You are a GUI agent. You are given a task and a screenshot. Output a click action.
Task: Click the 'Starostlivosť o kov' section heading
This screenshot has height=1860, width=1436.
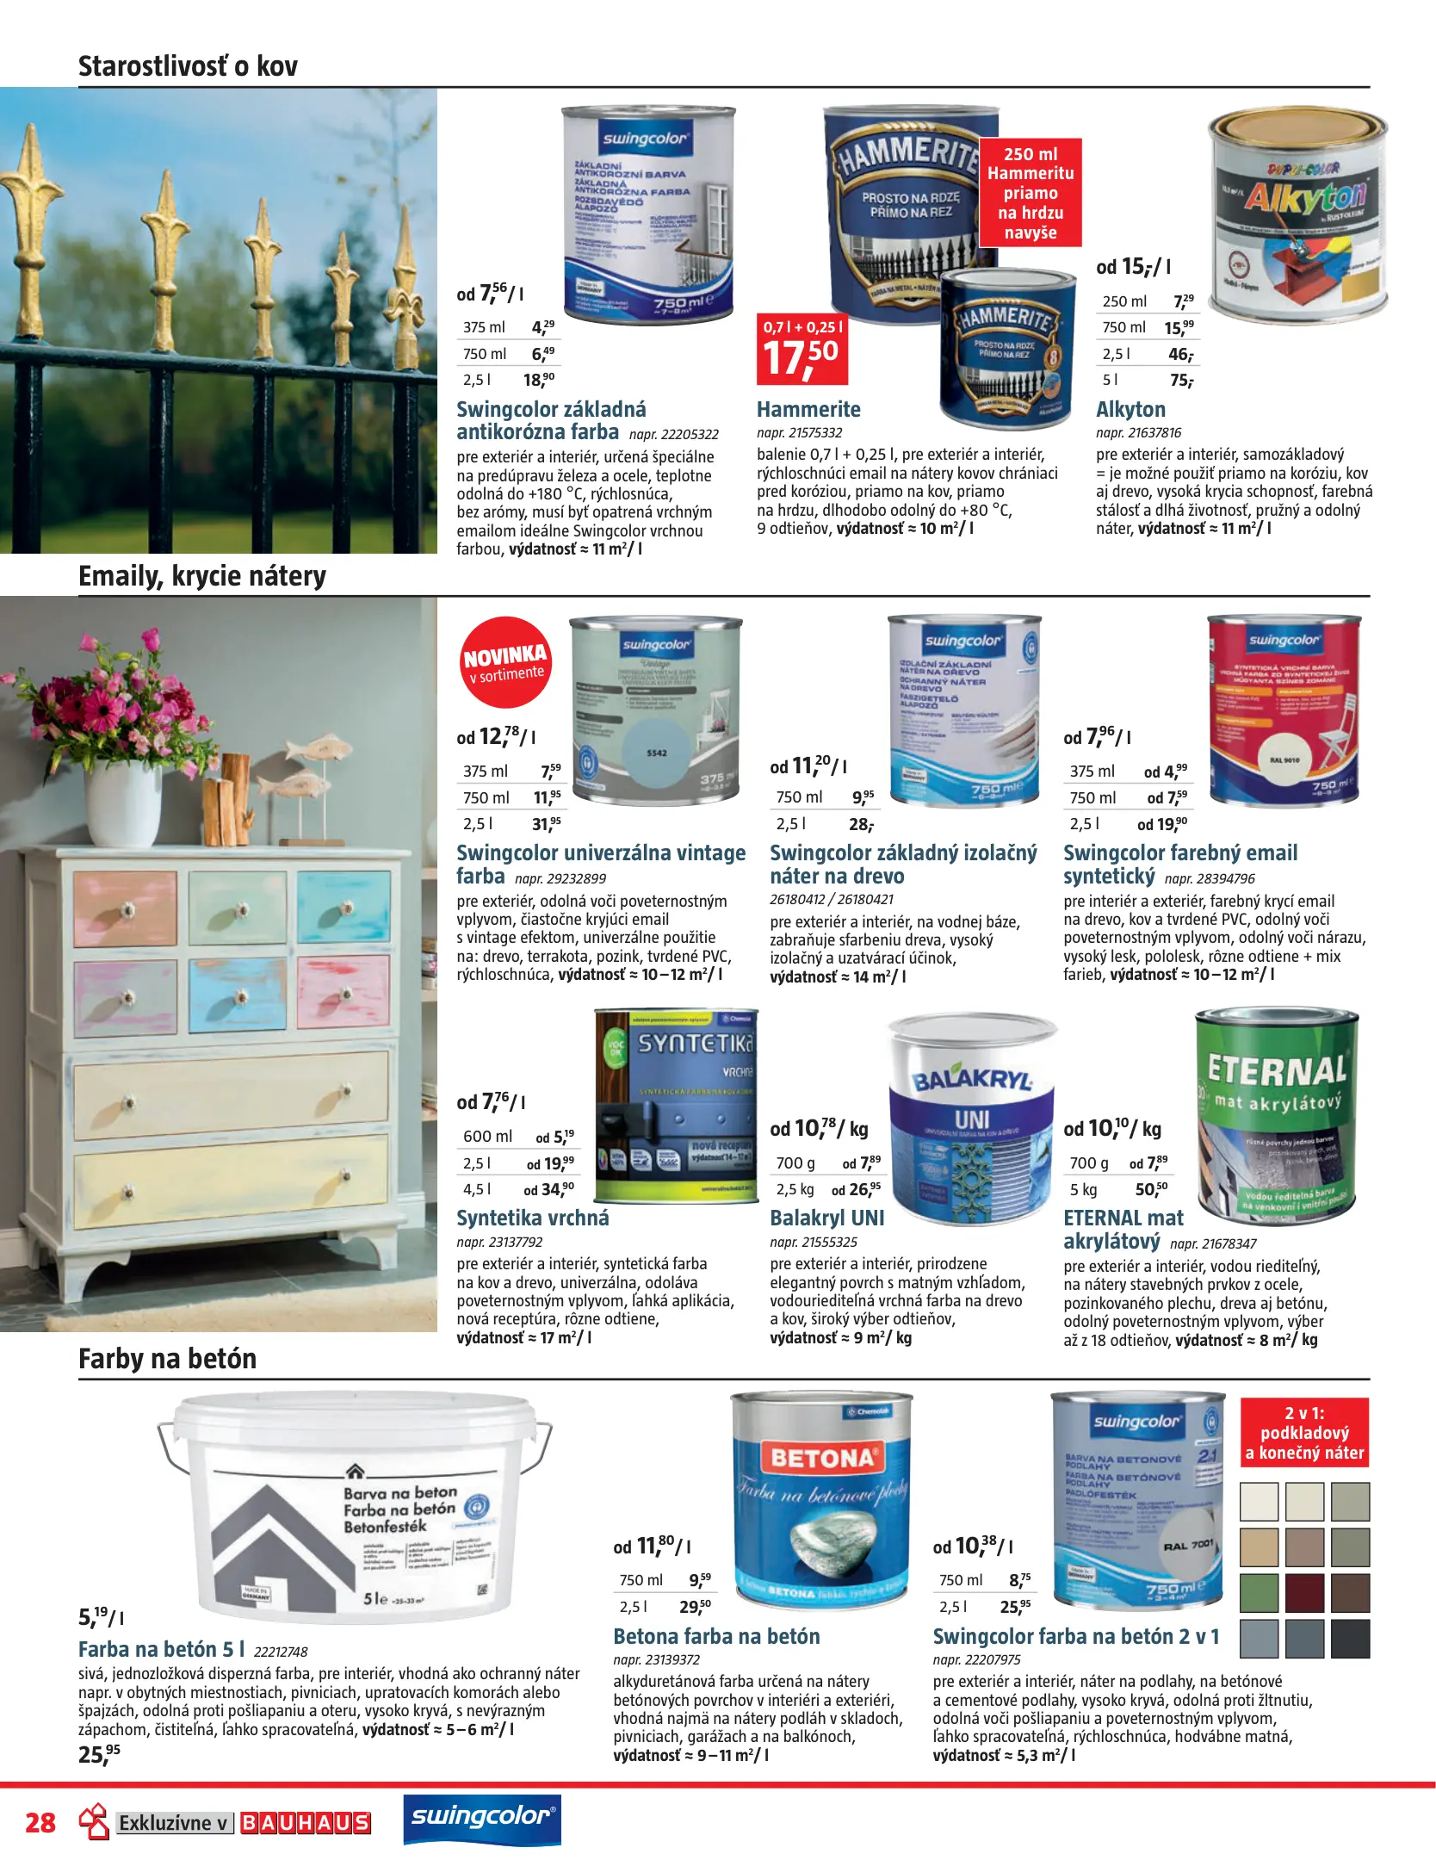(x=188, y=66)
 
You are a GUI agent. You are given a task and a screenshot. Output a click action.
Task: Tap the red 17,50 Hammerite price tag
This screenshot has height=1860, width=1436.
(x=802, y=349)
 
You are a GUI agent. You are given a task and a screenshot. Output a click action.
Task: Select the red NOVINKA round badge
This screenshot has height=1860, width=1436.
(x=505, y=662)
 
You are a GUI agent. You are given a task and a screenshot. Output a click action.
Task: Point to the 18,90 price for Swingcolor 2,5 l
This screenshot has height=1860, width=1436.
(x=539, y=380)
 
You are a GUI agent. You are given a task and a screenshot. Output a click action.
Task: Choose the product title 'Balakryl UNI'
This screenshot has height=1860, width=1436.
(x=826, y=1218)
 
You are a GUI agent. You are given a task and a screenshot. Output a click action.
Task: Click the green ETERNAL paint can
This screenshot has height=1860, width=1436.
(x=1276, y=1114)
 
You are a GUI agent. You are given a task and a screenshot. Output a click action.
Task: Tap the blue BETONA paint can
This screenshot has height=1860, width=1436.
(x=820, y=1502)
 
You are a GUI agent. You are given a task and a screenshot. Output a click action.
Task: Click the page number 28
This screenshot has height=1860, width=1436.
(x=40, y=1823)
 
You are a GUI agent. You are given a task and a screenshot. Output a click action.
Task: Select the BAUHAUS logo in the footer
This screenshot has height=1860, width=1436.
(x=305, y=1823)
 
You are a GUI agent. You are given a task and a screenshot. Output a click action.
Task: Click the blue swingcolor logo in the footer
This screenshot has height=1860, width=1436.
(x=482, y=1817)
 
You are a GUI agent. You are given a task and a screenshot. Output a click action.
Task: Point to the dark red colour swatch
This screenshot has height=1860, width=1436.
(x=1304, y=1592)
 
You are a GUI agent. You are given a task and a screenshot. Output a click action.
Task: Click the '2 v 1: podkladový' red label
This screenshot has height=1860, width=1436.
(x=1303, y=1433)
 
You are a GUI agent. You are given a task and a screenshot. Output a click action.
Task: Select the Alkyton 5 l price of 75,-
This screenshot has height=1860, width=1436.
(x=1181, y=380)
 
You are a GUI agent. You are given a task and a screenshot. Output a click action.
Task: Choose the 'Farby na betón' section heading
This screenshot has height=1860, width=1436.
(x=167, y=1359)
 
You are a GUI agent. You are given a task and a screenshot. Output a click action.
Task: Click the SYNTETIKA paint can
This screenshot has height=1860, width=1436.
(x=676, y=1106)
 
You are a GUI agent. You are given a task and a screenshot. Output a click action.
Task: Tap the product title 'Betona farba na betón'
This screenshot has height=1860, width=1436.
(x=716, y=1636)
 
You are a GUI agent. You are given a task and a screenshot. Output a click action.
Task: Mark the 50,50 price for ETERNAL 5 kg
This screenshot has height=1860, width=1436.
(x=1151, y=1189)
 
